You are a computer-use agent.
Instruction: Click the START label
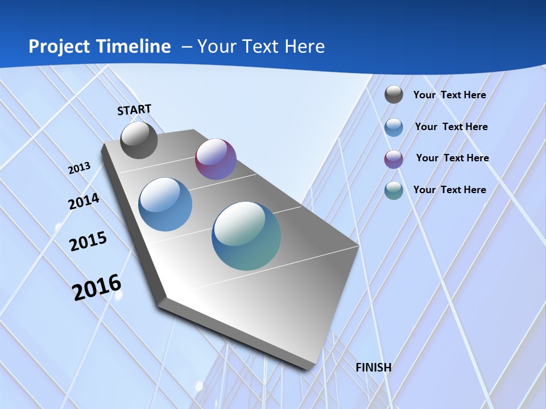tap(134, 110)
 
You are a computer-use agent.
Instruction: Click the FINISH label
tap(373, 367)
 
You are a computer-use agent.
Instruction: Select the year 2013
tap(80, 168)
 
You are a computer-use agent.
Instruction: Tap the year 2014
tap(84, 201)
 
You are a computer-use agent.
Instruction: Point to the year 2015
tap(88, 241)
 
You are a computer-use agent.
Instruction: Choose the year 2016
tap(97, 287)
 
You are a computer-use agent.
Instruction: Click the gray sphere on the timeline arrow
tap(139, 140)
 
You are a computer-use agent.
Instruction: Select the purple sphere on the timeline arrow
tap(216, 159)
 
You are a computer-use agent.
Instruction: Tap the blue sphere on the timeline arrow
tap(165, 204)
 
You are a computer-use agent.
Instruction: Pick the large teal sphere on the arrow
tap(246, 236)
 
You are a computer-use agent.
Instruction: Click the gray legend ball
tap(394, 94)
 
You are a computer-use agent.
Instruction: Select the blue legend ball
tap(394, 127)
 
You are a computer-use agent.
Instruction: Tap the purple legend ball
tap(394, 159)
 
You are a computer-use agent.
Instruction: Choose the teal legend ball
tap(394, 190)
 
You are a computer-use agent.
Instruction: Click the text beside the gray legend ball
tap(449, 95)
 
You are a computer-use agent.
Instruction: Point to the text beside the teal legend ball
tap(449, 190)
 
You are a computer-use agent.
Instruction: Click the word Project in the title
tap(59, 47)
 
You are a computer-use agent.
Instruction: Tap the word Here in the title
tap(304, 47)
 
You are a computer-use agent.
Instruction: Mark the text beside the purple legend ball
tap(452, 158)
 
